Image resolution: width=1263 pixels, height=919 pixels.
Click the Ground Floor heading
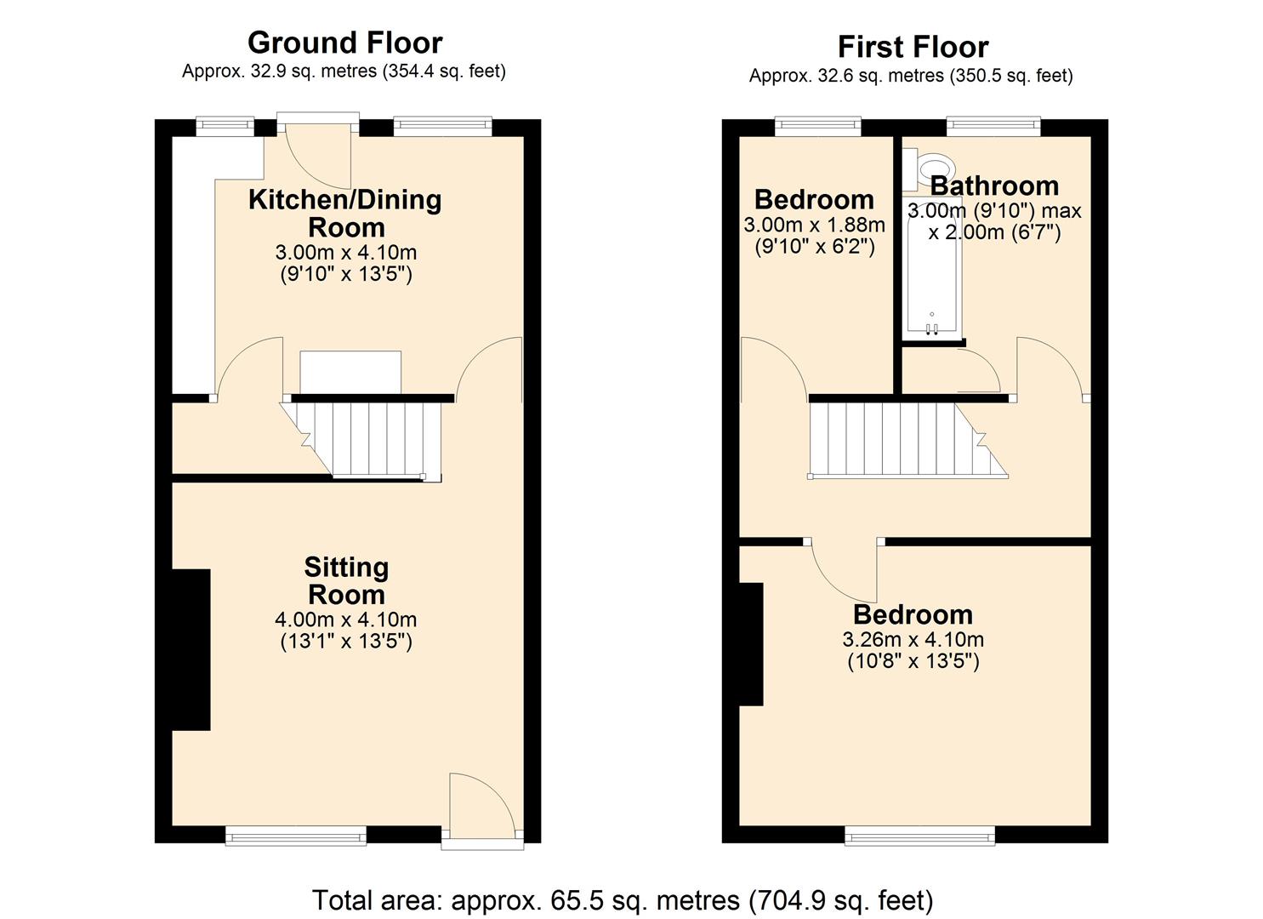[344, 43]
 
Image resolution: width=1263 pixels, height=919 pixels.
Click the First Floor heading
[913, 47]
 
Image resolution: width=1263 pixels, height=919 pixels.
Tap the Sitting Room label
[346, 580]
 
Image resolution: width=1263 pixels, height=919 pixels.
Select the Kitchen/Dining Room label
[345, 213]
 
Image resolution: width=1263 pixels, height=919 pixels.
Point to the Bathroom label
[993, 186]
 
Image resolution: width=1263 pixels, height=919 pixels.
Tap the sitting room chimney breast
[191, 649]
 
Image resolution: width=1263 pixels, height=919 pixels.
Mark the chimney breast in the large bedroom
[751, 644]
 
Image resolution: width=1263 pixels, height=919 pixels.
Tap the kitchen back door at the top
[319, 153]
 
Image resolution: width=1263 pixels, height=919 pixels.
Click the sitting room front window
[295, 836]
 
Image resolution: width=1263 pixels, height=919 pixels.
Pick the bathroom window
[993, 127]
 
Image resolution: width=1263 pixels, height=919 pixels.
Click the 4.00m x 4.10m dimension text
[346, 619]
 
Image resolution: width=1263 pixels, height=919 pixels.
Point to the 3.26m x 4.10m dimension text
[913, 640]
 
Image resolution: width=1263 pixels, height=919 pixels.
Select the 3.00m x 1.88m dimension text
[814, 225]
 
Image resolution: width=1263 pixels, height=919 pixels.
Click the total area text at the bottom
[623, 900]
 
